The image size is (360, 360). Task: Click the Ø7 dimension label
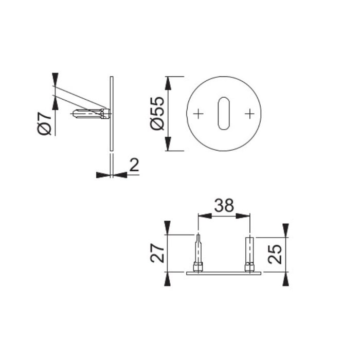click(x=45, y=122)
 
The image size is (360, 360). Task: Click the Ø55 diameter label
click(x=157, y=114)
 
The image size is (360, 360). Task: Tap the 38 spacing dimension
click(x=224, y=205)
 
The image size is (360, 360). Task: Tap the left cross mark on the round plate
click(x=199, y=113)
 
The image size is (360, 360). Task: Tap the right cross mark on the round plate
click(x=249, y=113)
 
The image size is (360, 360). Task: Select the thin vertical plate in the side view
click(x=111, y=114)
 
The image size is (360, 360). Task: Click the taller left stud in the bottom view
click(x=197, y=252)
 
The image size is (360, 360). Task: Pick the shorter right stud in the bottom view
click(x=249, y=253)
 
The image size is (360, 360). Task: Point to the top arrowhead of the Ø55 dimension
click(x=168, y=82)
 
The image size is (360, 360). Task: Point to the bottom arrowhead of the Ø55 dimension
click(x=168, y=145)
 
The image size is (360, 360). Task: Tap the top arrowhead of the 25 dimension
click(x=285, y=228)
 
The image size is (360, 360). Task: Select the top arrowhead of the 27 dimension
click(x=167, y=226)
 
